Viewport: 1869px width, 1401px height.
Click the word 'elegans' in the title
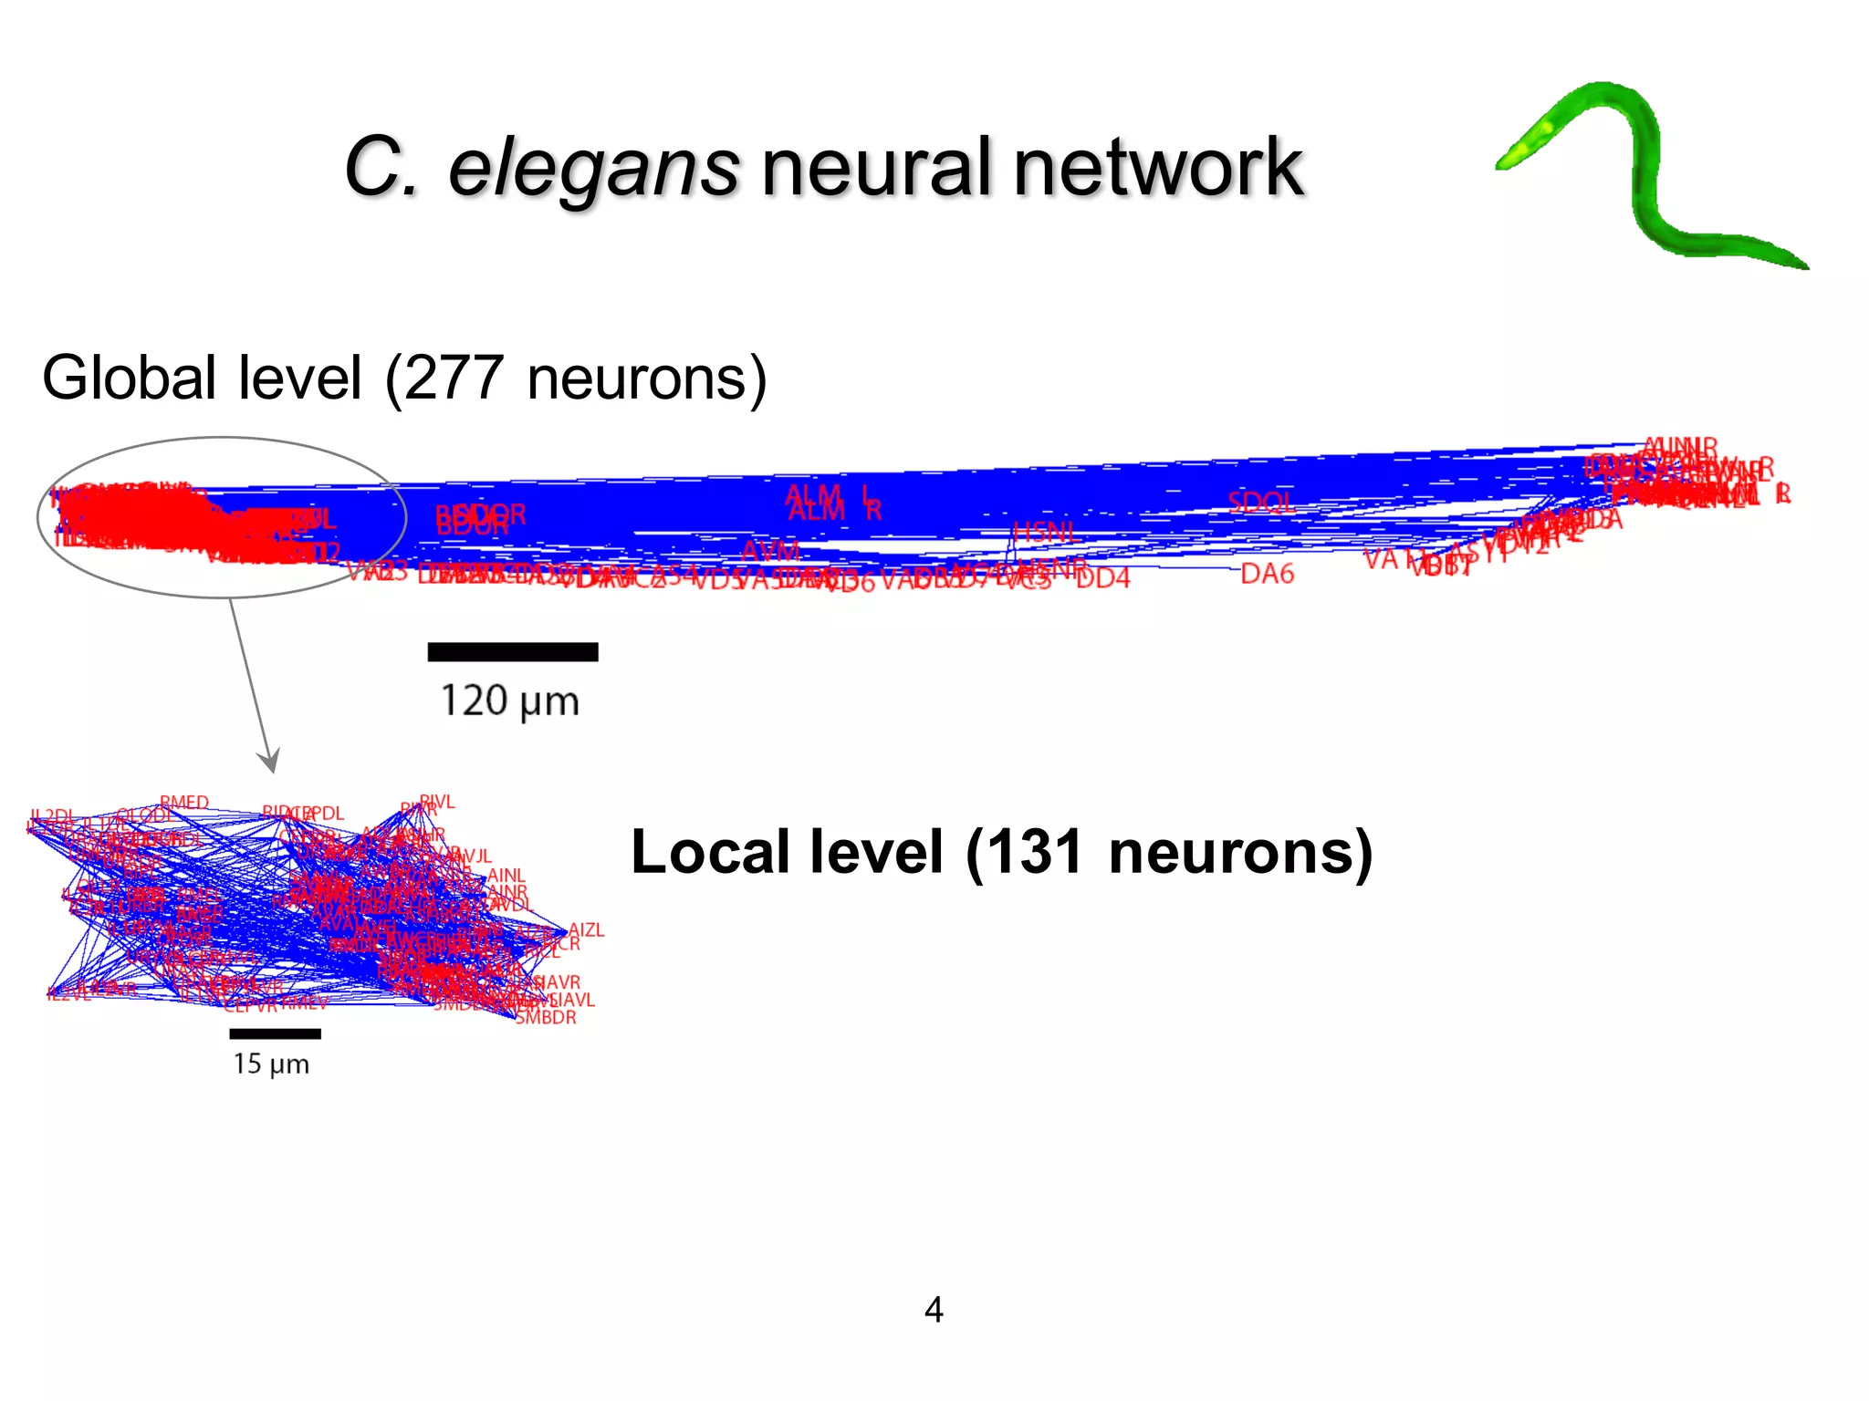593,169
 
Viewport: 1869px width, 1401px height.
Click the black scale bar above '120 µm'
512,651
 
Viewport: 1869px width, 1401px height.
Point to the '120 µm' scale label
509,701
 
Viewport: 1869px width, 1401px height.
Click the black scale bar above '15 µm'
275,1033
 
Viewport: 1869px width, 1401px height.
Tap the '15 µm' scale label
271,1064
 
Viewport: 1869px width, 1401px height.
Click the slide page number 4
934,1310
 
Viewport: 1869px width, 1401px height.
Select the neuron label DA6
1267,574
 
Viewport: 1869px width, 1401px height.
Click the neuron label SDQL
1260,502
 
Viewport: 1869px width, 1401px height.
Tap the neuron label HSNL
1047,531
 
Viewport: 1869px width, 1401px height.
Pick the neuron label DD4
1102,578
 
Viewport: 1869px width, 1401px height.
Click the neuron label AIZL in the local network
586,930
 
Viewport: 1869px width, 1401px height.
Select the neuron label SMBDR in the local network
546,1017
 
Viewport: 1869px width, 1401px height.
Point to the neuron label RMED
184,803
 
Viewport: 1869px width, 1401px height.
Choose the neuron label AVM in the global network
770,551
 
